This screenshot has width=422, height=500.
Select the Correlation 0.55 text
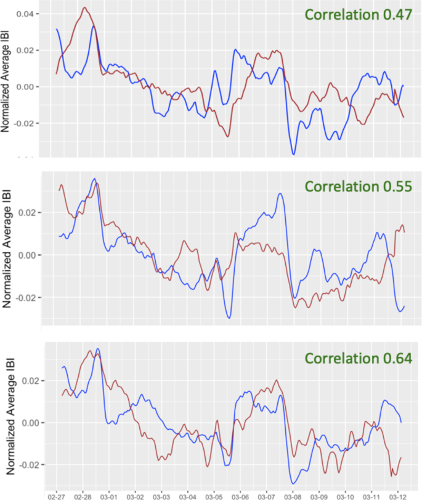352,187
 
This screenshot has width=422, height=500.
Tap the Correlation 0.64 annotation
352,358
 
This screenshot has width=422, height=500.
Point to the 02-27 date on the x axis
56,494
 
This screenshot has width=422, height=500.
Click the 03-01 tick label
108,494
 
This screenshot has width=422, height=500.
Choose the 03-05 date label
214,494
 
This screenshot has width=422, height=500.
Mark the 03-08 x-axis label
293,494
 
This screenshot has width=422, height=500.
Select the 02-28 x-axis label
83,494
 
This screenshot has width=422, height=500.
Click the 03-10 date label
345,494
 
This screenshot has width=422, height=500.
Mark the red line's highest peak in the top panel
84,8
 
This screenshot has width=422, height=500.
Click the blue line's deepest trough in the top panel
294,154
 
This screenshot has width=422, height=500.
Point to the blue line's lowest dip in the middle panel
229,318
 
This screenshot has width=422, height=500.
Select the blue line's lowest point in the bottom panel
294,483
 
